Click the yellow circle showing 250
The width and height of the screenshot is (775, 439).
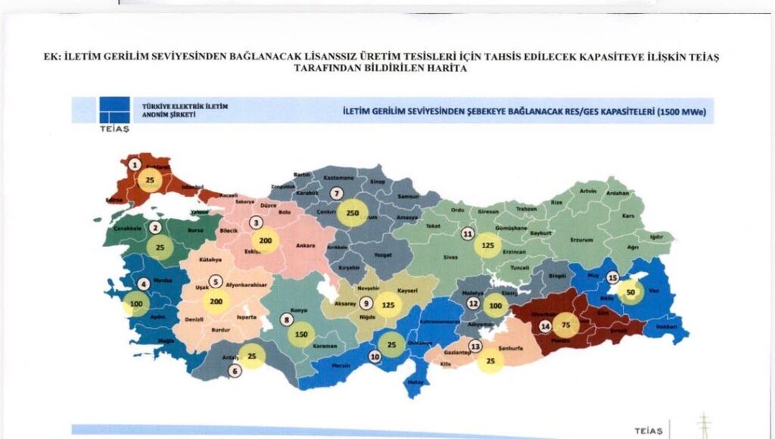click(352, 213)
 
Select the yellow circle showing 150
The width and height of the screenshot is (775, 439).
click(301, 334)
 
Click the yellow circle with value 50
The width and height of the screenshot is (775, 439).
click(630, 291)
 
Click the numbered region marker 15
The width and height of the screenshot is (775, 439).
click(613, 277)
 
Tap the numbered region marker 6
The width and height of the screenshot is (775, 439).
click(235, 371)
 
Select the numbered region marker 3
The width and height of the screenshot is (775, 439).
click(257, 223)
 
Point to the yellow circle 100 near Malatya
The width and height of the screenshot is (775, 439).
click(494, 306)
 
